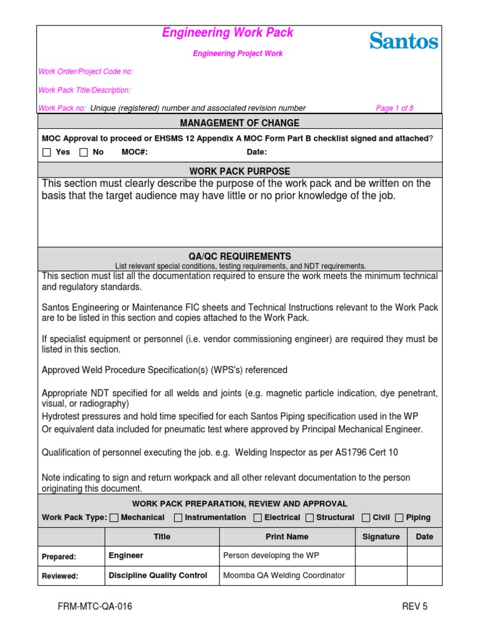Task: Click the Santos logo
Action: pos(404,41)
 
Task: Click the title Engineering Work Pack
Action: pos(228,33)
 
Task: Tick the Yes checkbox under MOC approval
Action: pos(47,152)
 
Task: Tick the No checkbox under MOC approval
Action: pos(84,152)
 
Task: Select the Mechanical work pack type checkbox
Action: pos(114,518)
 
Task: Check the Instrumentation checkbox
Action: pos(178,518)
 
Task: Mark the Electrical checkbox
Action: pos(258,518)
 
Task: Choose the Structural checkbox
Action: pos(309,518)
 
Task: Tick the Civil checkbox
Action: pos(366,518)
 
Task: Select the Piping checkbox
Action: pos(399,518)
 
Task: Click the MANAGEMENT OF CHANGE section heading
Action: pos(239,123)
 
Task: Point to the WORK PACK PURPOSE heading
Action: pos(239,171)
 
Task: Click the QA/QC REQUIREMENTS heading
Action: pos(239,256)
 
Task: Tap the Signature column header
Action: pos(381,536)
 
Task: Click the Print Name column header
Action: pos(287,536)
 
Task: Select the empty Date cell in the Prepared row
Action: pos(424,556)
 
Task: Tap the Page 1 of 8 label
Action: pos(394,108)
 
